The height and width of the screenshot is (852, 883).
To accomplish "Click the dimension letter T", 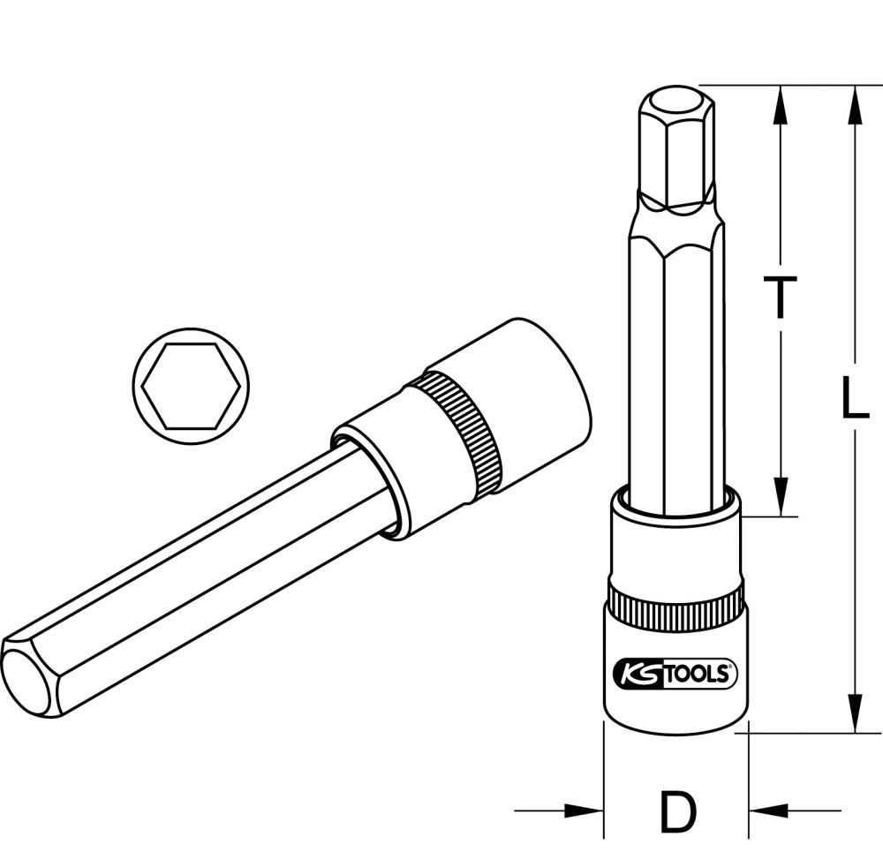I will [780, 297].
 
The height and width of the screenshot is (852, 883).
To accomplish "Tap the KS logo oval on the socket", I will [631, 675].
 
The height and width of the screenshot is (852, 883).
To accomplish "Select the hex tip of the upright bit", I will [675, 141].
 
